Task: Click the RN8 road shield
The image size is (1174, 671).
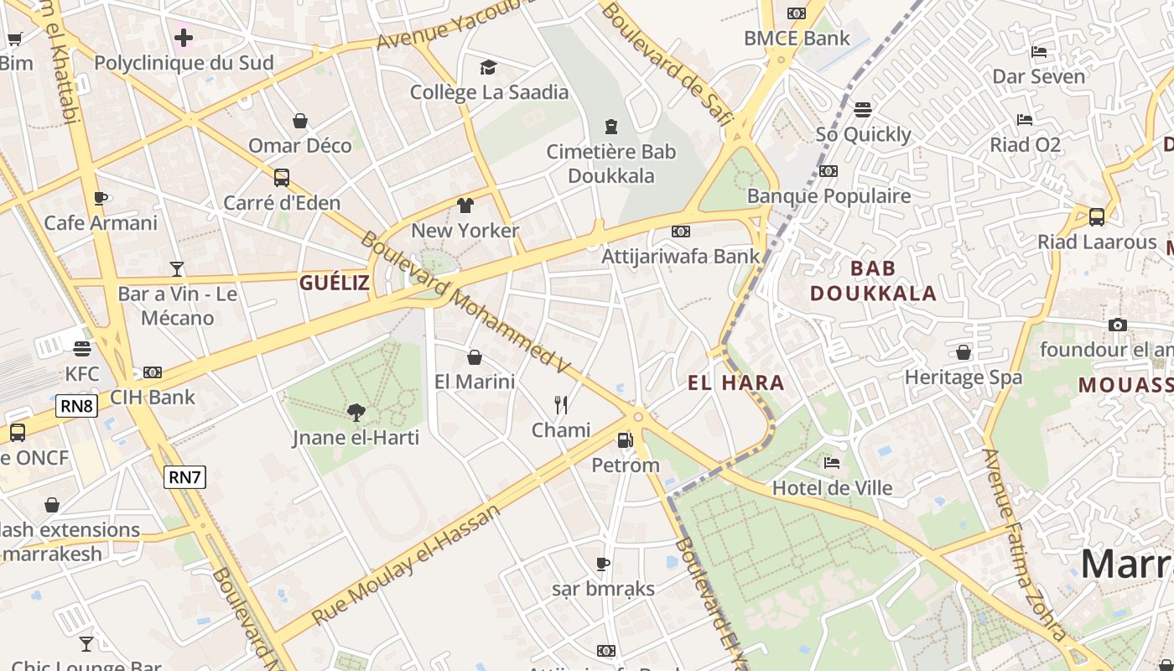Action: click(x=77, y=407)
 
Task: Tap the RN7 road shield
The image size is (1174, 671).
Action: click(x=184, y=477)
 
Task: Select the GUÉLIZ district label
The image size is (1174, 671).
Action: click(x=335, y=283)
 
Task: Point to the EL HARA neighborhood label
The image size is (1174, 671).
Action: click(x=736, y=383)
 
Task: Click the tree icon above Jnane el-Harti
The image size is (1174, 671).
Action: click(x=356, y=412)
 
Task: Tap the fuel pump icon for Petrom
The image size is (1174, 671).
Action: click(x=625, y=440)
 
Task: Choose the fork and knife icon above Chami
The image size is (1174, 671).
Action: click(x=561, y=405)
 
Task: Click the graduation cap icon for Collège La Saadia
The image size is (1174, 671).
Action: click(x=488, y=67)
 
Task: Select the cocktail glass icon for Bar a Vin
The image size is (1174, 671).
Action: click(x=177, y=268)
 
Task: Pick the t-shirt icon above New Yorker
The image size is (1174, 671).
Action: click(x=465, y=205)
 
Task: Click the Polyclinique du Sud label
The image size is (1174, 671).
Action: click(x=184, y=63)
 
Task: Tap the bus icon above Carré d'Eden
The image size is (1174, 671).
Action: click(x=282, y=178)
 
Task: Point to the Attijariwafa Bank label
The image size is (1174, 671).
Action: click(x=680, y=256)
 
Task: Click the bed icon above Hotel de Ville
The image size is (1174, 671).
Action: click(x=832, y=462)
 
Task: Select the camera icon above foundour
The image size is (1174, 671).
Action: click(x=1118, y=325)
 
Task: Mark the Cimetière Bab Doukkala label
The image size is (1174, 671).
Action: click(x=611, y=164)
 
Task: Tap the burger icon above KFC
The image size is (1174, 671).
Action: click(x=82, y=348)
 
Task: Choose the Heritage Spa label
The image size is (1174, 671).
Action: click(x=964, y=377)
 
